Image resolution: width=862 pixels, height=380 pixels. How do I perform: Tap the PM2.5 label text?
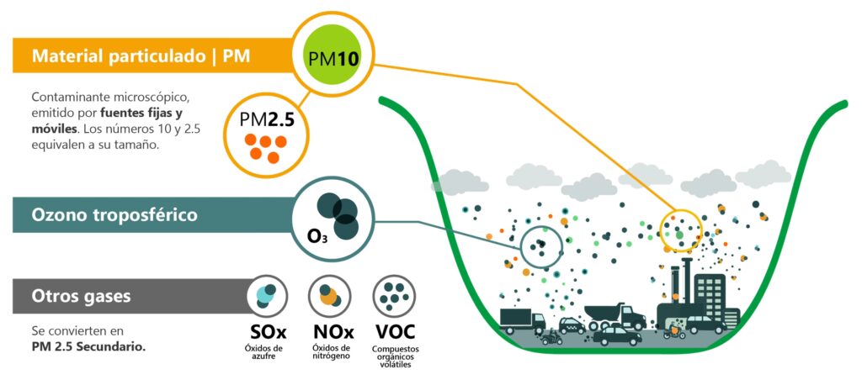(x=266, y=119)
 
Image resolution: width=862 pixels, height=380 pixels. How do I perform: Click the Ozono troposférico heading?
(x=114, y=214)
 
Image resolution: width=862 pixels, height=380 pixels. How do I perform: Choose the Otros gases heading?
(x=81, y=296)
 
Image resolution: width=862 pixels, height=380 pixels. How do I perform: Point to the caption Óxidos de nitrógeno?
(x=332, y=352)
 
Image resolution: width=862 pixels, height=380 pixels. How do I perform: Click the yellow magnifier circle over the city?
(x=680, y=229)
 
